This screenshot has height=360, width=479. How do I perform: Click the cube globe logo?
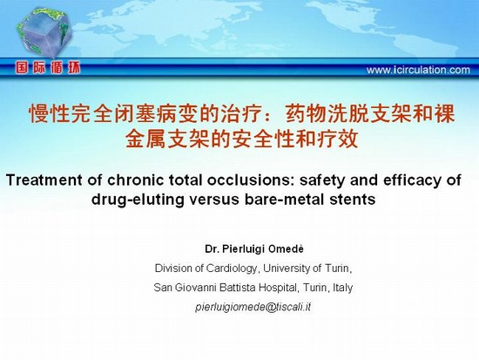[44, 33]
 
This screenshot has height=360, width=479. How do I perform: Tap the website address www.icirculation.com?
[418, 70]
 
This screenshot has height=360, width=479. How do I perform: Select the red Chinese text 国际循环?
[48, 68]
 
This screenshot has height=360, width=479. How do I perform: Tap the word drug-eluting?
[138, 200]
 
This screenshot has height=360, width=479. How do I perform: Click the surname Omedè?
[286, 249]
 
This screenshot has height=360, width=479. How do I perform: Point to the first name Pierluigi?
[244, 249]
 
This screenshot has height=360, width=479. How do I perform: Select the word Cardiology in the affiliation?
[232, 268]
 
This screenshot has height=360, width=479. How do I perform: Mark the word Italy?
[343, 288]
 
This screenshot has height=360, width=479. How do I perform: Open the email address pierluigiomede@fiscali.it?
[253, 307]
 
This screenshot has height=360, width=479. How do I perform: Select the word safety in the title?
[322, 180]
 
